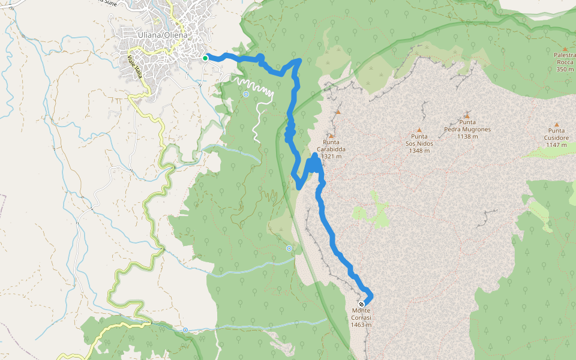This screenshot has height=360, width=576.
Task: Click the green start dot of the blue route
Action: pyautogui.click(x=205, y=58)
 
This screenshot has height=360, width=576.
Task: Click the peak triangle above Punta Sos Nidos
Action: pyautogui.click(x=419, y=130)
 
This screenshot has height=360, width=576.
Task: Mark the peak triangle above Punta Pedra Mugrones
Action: pyautogui.click(x=467, y=115)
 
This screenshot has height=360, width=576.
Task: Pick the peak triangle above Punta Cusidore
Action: pyautogui.click(x=556, y=123)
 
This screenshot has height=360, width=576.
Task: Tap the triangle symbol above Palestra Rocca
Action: pyautogui.click(x=565, y=48)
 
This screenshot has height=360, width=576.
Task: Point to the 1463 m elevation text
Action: pyautogui.click(x=361, y=325)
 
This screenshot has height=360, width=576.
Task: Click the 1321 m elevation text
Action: pyautogui.click(x=331, y=157)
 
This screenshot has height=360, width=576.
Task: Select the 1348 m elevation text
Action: pyautogui.click(x=419, y=151)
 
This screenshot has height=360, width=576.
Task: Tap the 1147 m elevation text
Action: pyautogui.click(x=556, y=145)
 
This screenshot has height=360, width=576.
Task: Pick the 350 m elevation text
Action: pyautogui.click(x=565, y=69)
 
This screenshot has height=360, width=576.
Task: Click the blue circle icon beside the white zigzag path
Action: pyautogui.click(x=246, y=94)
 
